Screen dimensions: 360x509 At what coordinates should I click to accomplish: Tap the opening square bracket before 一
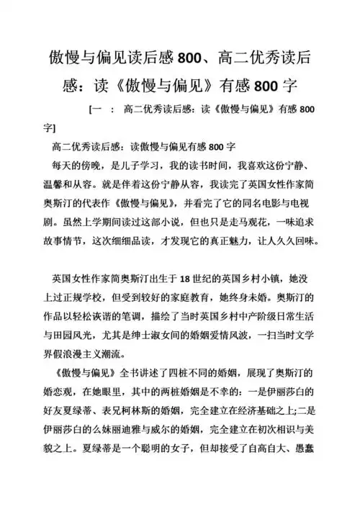coord(89,110)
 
